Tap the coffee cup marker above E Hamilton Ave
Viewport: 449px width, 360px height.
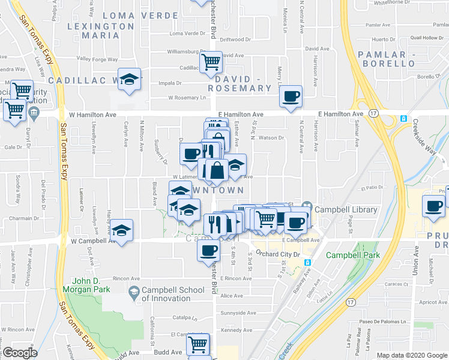(291, 97)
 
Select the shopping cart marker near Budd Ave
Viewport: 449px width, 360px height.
(197, 344)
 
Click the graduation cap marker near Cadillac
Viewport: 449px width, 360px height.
(129, 80)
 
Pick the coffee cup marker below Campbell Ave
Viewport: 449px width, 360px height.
(208, 250)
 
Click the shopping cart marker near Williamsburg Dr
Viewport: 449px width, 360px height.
(211, 62)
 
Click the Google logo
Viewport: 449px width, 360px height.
(20, 353)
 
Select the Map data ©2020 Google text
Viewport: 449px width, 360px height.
(411, 355)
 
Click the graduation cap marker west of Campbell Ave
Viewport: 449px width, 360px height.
(121, 231)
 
